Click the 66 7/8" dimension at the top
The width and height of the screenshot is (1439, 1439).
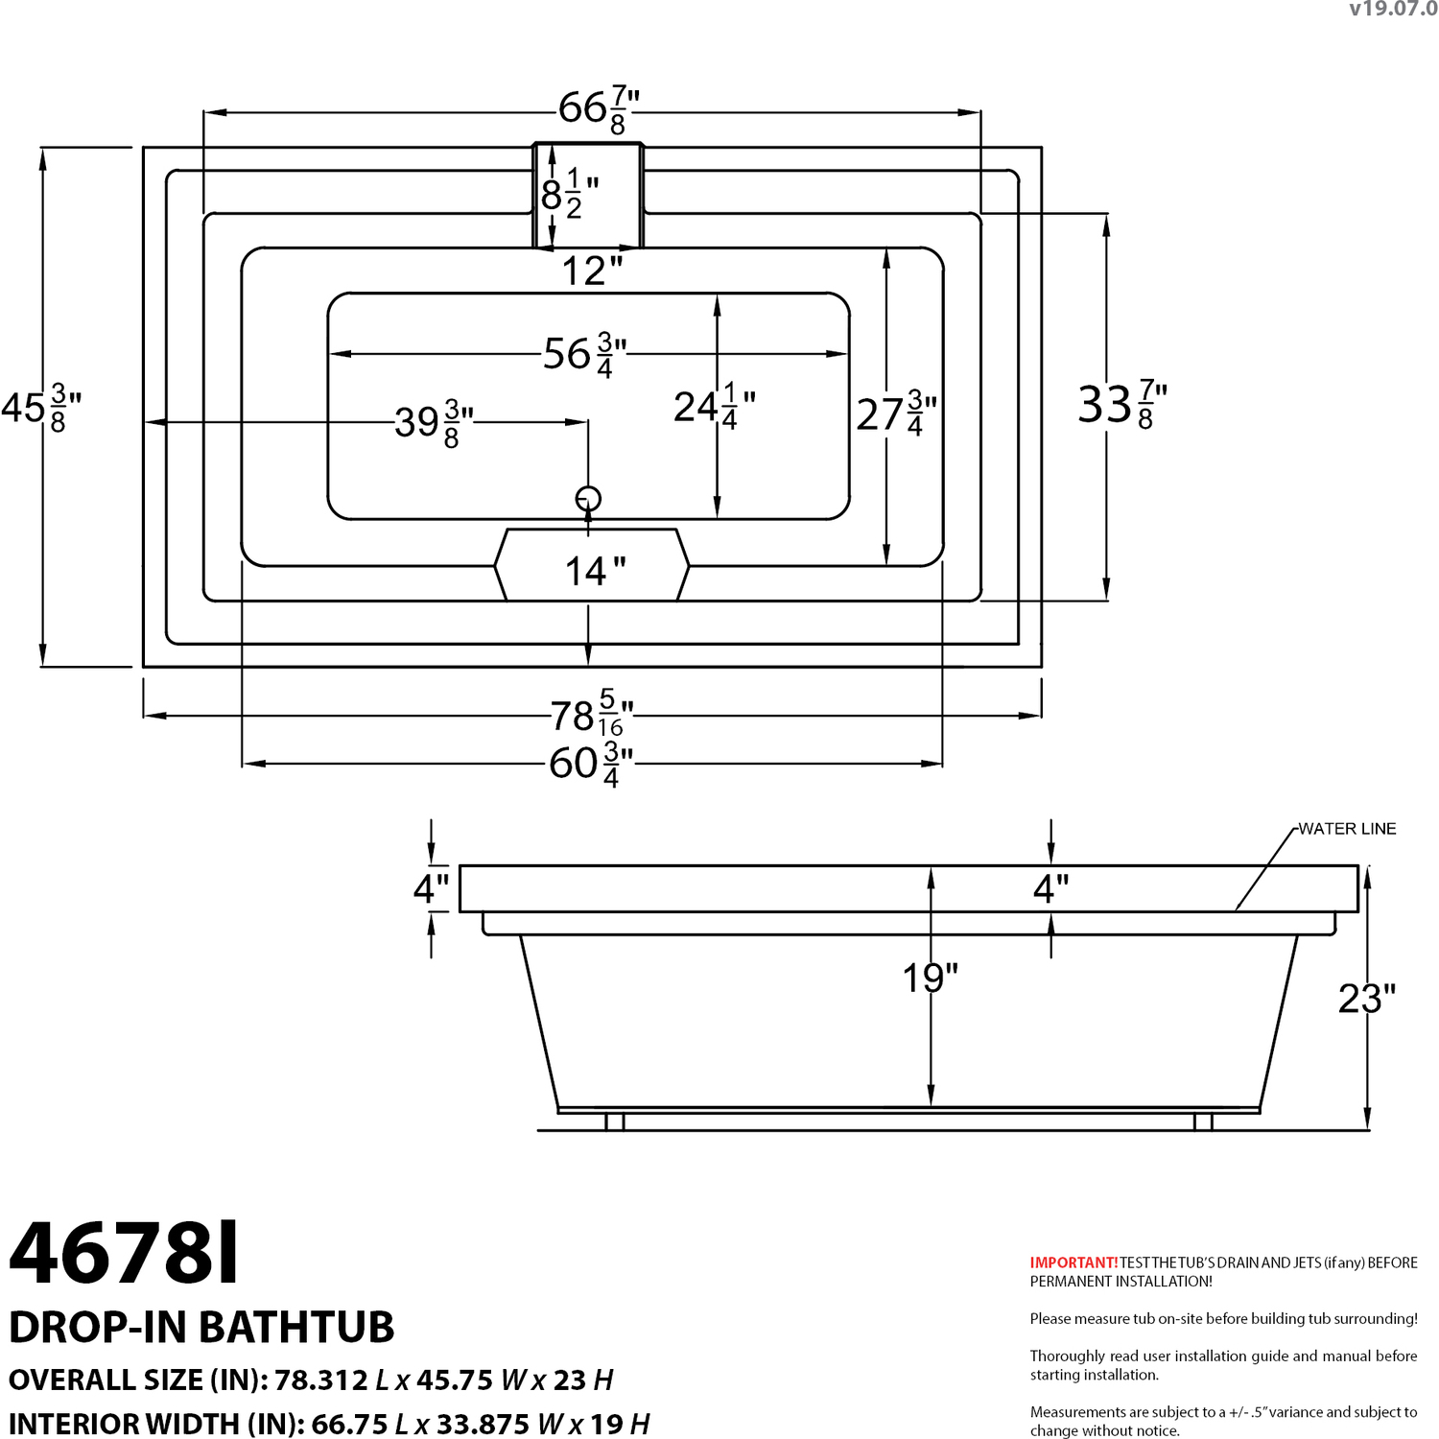(600, 109)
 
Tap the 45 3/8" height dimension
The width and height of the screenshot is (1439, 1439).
(41, 408)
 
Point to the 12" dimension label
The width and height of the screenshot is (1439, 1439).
(592, 271)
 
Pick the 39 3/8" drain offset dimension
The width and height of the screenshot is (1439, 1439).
(435, 423)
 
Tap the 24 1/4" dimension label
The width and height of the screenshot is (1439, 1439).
(715, 407)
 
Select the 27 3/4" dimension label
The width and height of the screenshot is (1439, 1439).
(896, 414)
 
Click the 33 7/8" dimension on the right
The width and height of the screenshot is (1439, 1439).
(1122, 404)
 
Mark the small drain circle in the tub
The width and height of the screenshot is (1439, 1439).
(588, 499)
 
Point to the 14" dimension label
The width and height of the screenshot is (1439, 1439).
(595, 572)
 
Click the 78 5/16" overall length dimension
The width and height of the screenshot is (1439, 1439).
(592, 714)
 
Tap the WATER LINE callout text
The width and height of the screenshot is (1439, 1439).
(1347, 829)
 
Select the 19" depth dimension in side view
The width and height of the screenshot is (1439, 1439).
(931, 979)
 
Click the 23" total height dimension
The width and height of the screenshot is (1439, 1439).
(1367, 999)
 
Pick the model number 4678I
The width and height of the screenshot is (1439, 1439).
(124, 1253)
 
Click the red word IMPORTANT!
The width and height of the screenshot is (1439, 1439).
(1073, 1262)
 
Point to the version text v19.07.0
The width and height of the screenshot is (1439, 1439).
(1393, 9)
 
